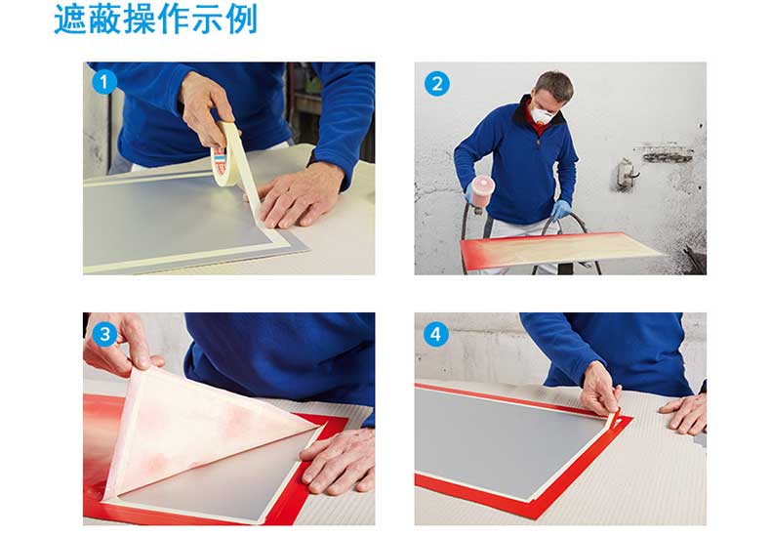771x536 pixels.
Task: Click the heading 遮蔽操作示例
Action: (155, 20)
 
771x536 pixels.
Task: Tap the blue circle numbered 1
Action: (104, 82)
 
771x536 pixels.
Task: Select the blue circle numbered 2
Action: (436, 84)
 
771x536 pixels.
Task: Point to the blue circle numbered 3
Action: (104, 334)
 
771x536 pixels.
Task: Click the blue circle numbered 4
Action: (435, 334)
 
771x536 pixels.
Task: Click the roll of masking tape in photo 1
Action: (227, 155)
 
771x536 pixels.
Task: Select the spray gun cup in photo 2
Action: (483, 190)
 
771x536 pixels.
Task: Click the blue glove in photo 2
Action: (560, 209)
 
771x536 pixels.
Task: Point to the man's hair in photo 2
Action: (555, 84)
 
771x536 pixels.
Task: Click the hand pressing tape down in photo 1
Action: (298, 195)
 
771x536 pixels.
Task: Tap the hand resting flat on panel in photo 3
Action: (340, 460)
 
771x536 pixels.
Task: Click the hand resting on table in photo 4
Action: (684, 412)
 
